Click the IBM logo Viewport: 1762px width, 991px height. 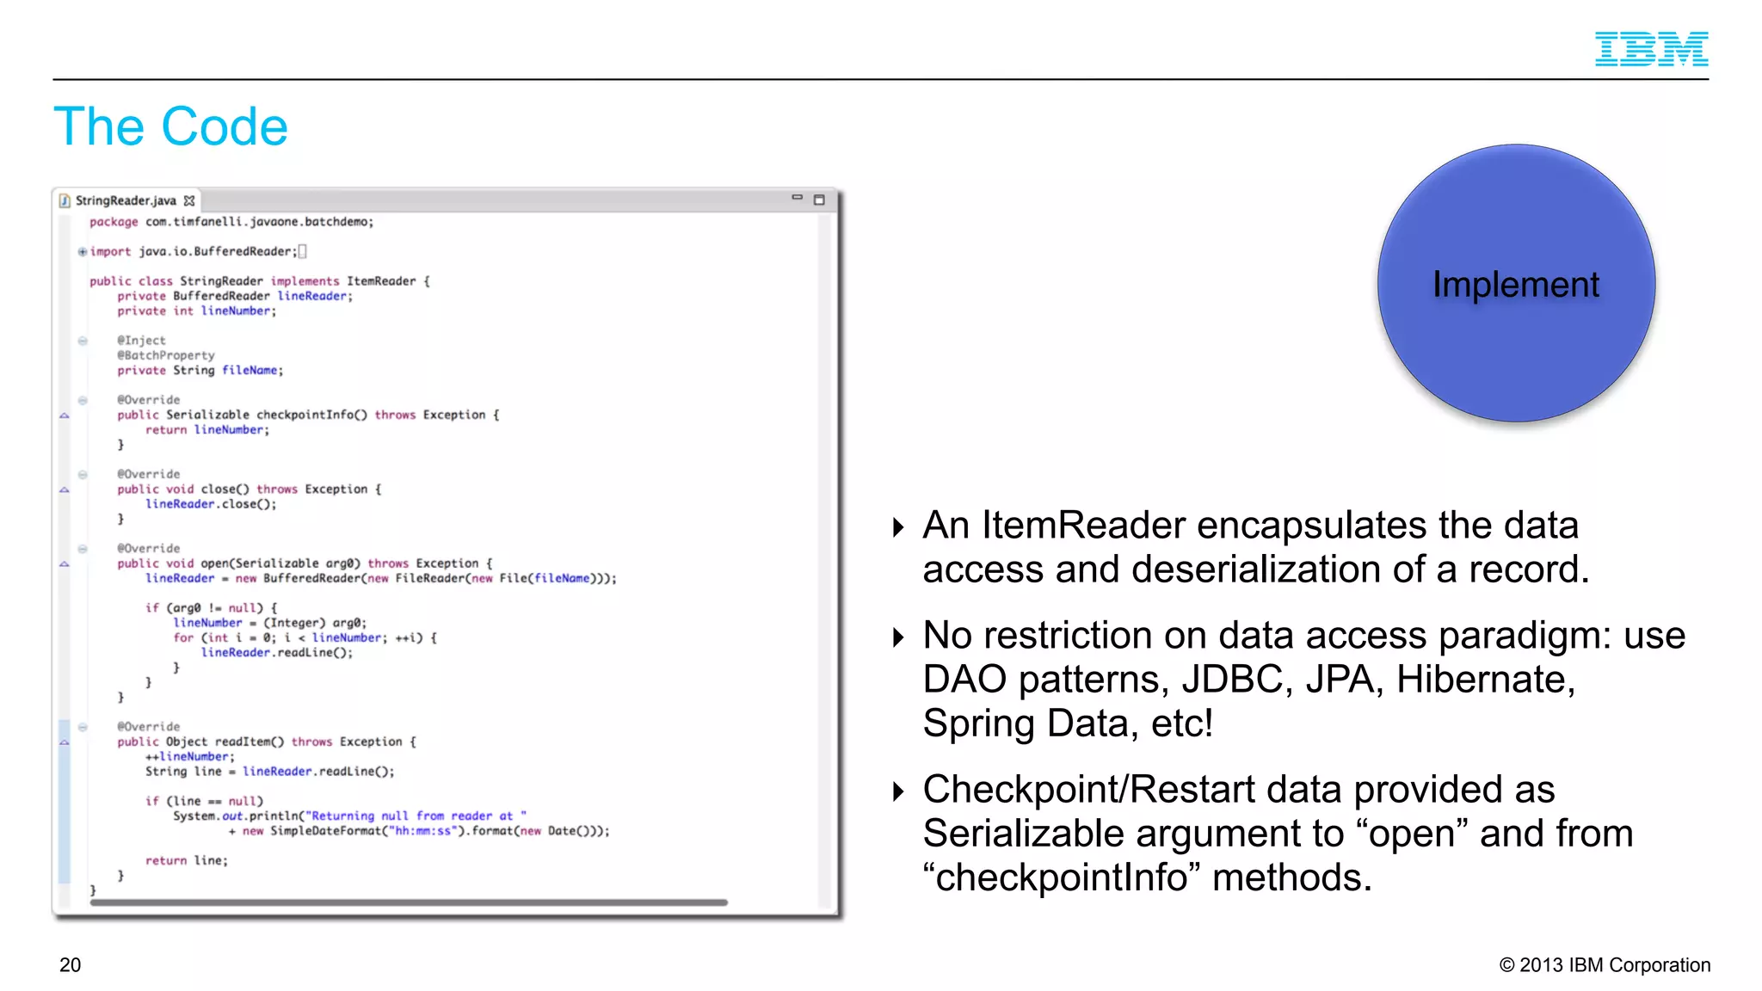[x=1651, y=49]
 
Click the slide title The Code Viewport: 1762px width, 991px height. [x=170, y=127]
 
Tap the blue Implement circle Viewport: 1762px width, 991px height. [x=1516, y=283]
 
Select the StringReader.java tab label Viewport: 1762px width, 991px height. [x=126, y=200]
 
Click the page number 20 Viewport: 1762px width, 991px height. [x=71, y=965]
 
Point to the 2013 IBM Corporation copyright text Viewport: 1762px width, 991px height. [x=1605, y=965]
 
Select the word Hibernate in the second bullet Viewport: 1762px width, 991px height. [x=1485, y=680]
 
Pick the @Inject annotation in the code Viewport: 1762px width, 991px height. [x=142, y=341]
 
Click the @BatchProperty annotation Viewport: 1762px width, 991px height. [x=166, y=355]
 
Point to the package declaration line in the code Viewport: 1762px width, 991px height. [x=231, y=222]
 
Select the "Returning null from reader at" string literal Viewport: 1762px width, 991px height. [x=416, y=816]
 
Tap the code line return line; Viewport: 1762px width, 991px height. [x=186, y=860]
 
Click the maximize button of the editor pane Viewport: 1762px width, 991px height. [x=819, y=200]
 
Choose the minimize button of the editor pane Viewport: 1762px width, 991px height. [x=797, y=198]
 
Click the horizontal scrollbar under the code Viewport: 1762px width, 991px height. [x=409, y=902]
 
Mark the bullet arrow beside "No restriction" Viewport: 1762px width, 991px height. [x=898, y=637]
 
